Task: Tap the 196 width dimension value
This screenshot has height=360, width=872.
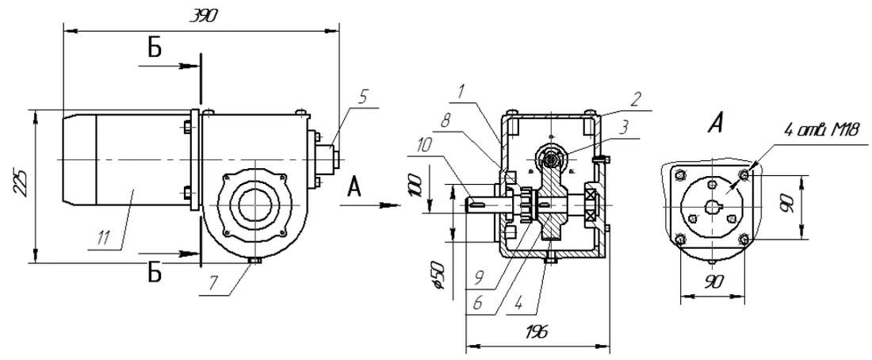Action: click(x=537, y=331)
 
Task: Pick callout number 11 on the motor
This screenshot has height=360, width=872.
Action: click(x=103, y=238)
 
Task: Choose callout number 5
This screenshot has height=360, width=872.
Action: click(x=362, y=97)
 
